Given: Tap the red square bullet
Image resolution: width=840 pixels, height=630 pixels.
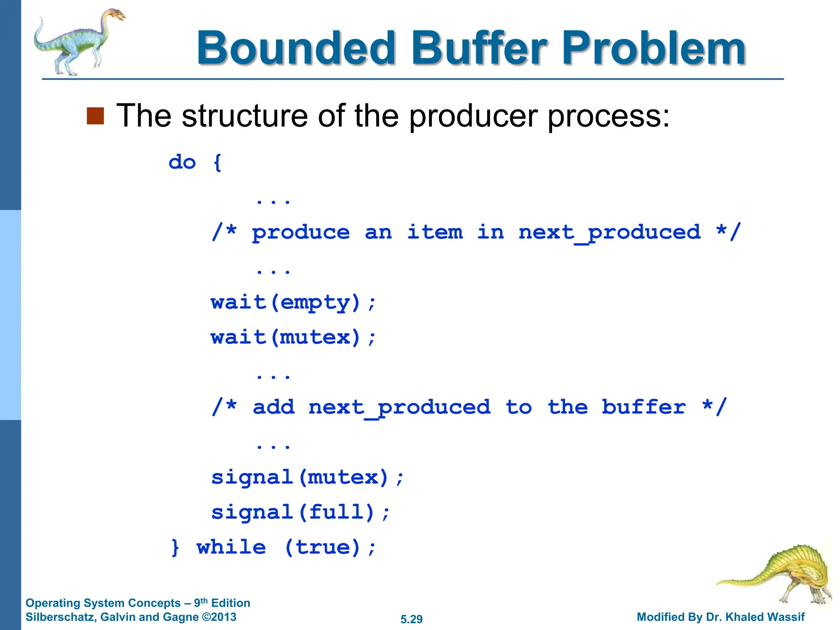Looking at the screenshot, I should click(95, 116).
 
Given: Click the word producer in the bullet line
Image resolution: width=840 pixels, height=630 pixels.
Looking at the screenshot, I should click(474, 116).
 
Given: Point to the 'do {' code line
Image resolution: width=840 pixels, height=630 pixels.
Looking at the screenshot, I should click(195, 162).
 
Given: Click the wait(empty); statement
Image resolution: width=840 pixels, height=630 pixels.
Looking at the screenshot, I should click(293, 303).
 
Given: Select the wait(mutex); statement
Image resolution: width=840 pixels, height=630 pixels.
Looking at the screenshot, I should click(293, 338).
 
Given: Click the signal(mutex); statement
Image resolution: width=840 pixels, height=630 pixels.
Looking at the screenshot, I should click(307, 478).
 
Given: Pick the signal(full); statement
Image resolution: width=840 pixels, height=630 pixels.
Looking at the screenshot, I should click(300, 513).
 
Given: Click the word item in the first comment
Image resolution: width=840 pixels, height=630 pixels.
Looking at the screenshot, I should click(435, 233).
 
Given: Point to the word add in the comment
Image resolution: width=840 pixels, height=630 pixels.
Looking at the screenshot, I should click(274, 408).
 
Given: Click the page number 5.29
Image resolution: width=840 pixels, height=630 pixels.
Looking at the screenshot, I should click(411, 619).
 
